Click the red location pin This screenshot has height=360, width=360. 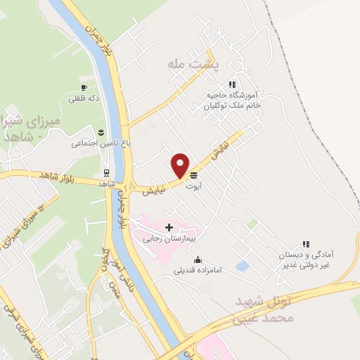(x=181, y=165)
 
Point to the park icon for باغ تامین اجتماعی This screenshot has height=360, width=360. (x=101, y=132)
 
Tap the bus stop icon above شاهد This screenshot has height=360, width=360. (x=106, y=172)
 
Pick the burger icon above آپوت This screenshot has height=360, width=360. (x=193, y=176)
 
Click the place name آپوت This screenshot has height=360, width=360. (x=193, y=186)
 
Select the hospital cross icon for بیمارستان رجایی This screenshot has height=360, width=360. (x=169, y=227)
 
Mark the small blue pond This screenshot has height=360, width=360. (x=243, y=266)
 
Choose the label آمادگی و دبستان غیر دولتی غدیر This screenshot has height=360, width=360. (x=307, y=260)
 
